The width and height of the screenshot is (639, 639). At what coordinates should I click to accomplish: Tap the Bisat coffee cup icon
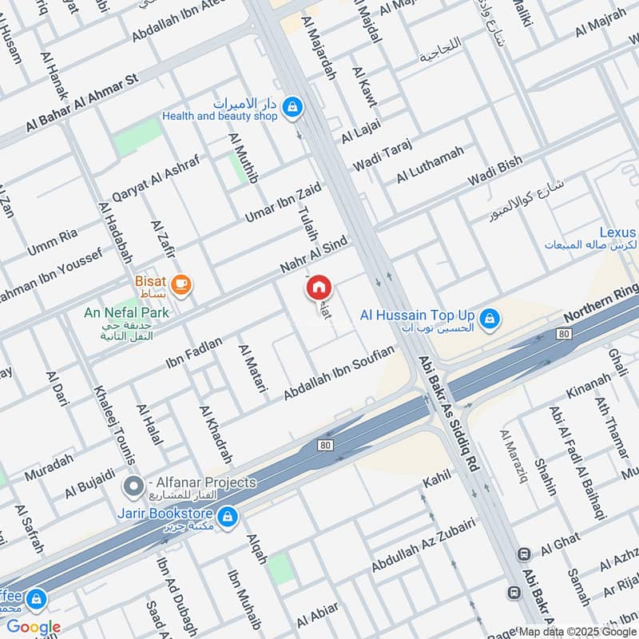[181, 284]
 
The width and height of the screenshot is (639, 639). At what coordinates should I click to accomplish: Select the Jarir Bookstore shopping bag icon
[229, 517]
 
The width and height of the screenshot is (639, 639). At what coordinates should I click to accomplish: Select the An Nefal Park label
[126, 312]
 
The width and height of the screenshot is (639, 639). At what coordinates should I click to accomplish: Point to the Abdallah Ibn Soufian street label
[339, 374]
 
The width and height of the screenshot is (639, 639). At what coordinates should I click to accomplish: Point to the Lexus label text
[617, 232]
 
